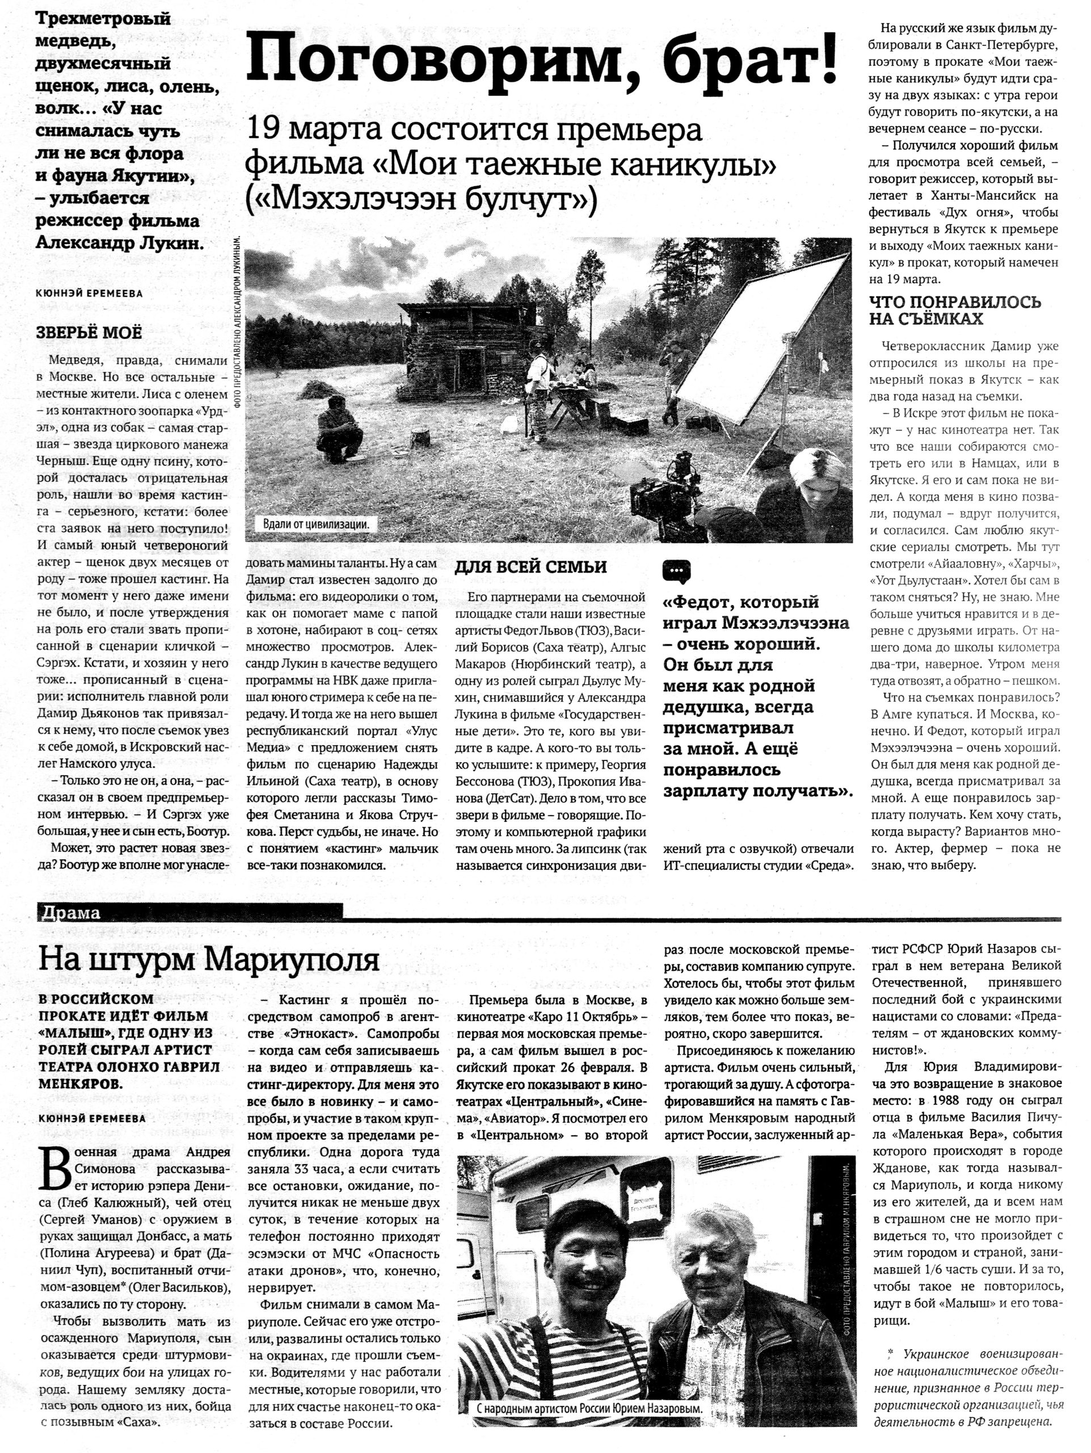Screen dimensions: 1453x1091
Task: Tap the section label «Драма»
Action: (69, 913)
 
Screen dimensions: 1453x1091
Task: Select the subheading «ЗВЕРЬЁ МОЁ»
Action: (89, 333)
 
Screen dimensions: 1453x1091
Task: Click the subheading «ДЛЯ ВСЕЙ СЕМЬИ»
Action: (530, 567)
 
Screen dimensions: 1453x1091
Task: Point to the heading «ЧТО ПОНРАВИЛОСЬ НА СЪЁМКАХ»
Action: (955, 310)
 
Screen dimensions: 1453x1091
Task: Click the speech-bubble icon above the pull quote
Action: (676, 572)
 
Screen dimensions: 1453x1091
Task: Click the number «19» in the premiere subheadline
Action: (263, 129)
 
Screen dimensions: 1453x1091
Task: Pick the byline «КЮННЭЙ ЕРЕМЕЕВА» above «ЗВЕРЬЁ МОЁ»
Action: (89, 293)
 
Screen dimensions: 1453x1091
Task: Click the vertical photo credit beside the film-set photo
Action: (238, 322)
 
